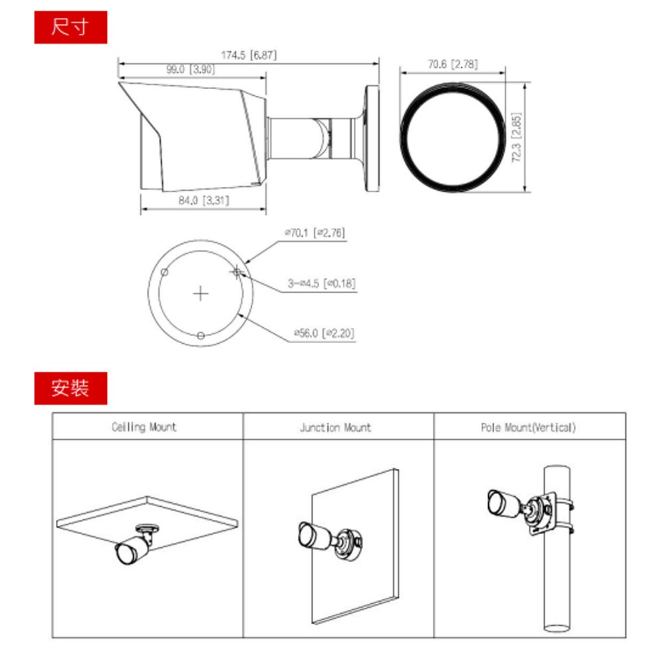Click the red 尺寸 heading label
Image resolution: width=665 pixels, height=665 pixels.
click(x=70, y=28)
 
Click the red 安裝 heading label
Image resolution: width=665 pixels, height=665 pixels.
click(x=70, y=388)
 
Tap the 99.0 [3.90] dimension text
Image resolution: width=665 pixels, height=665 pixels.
click(x=190, y=69)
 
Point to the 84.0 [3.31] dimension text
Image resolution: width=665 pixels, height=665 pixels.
click(x=204, y=200)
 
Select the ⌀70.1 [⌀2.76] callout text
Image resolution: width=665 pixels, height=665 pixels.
click(x=314, y=233)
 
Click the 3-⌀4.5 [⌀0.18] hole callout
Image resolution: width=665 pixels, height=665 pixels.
click(x=322, y=284)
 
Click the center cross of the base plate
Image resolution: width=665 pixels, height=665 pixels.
click(x=201, y=293)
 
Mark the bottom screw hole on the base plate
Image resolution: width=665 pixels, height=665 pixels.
click(x=201, y=334)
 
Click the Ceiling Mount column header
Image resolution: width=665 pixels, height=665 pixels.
click(x=144, y=427)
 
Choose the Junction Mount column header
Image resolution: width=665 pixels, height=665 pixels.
click(x=335, y=428)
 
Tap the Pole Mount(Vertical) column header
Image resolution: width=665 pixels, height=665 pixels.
click(x=528, y=428)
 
